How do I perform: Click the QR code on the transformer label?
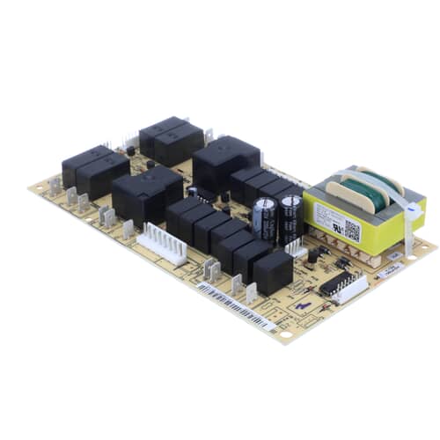pos(351,231)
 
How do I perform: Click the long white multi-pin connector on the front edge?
pos(161,243)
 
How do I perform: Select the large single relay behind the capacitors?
pos(225,163)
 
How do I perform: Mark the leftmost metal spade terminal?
pos(55,186)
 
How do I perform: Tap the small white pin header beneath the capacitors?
pos(295,251)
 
